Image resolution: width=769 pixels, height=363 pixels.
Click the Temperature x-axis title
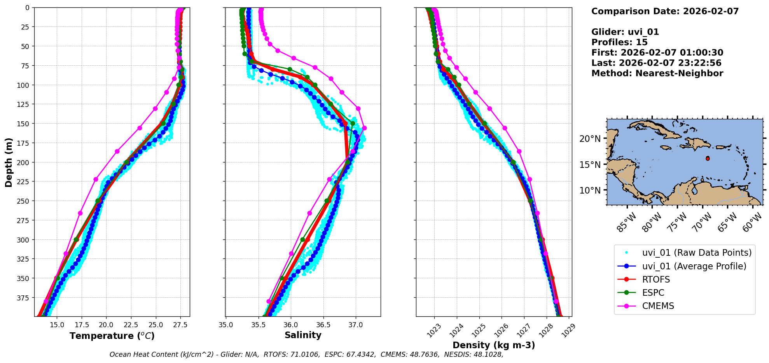click(112, 336)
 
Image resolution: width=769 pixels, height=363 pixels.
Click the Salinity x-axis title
click(303, 335)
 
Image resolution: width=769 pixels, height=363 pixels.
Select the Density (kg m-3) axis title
click(494, 345)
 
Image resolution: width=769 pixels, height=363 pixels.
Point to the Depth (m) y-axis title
click(9, 162)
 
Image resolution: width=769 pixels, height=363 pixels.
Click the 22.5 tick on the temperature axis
click(131, 325)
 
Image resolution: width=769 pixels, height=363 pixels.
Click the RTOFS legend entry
click(656, 279)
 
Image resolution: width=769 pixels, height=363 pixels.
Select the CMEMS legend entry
click(658, 306)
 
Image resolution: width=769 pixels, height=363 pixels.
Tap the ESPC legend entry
click(653, 293)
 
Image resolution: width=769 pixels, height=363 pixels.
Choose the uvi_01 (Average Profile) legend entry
click(694, 266)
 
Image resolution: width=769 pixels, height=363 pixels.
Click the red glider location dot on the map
click(708, 159)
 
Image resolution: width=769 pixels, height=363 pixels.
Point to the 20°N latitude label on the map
click(590, 139)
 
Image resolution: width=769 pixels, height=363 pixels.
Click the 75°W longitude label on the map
click(677, 223)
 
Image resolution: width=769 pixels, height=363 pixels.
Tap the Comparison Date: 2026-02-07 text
click(665, 11)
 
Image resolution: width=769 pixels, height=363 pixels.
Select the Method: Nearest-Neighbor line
click(657, 73)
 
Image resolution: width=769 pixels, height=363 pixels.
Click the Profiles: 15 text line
click(619, 42)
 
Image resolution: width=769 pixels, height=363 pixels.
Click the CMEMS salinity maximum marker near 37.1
click(364, 128)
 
